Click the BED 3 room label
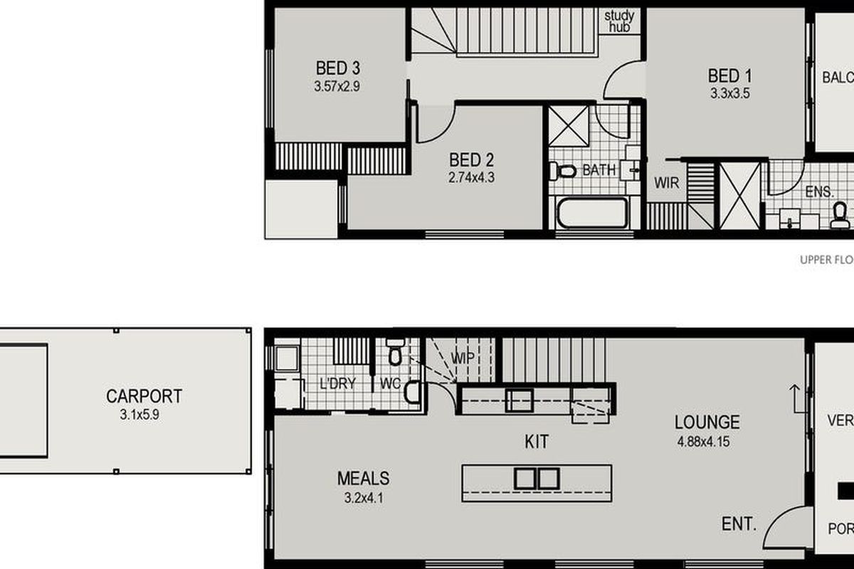click(x=338, y=69)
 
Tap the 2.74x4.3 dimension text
click(x=471, y=177)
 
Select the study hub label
click(x=619, y=21)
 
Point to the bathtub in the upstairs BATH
click(x=591, y=213)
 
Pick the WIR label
click(x=667, y=183)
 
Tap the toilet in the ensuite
click(x=840, y=214)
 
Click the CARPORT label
click(x=144, y=396)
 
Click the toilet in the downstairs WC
click(x=396, y=353)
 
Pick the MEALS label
click(x=363, y=479)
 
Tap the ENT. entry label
click(x=738, y=524)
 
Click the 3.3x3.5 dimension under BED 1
click(x=730, y=92)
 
